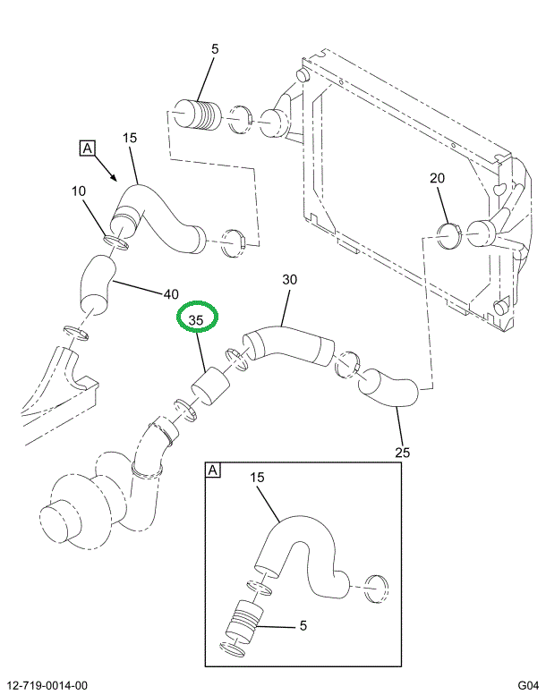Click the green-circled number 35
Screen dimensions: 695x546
point(197,318)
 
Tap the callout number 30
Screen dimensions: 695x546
point(289,280)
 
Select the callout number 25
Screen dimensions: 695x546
point(403,453)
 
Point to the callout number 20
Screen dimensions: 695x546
point(437,179)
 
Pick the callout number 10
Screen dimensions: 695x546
point(80,191)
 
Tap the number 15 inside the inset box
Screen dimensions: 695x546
point(258,479)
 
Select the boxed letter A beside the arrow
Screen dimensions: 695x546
point(88,148)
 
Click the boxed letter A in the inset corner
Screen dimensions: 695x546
point(213,470)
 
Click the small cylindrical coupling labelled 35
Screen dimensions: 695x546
point(212,391)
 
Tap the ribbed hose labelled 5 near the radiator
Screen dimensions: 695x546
point(197,116)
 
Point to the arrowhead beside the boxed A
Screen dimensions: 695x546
point(113,177)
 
